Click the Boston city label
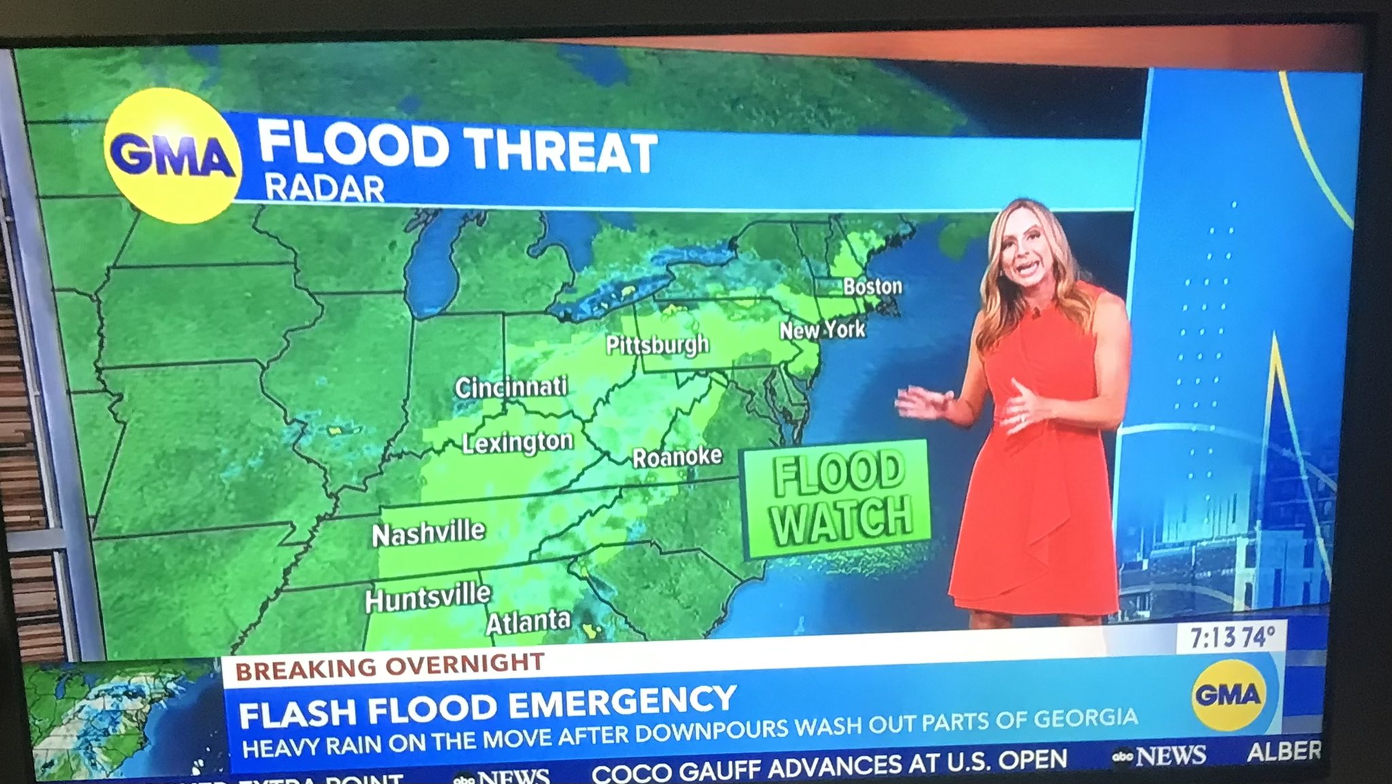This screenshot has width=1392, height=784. (873, 286)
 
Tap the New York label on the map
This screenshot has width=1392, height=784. (822, 330)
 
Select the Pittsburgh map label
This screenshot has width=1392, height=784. (657, 345)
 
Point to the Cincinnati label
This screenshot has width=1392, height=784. (511, 387)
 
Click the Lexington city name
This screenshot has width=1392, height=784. (518, 442)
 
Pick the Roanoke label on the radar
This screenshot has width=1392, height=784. (677, 457)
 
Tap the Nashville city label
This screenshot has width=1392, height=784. (429, 533)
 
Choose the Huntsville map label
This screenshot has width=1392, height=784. (428, 598)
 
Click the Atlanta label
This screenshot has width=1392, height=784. (528, 621)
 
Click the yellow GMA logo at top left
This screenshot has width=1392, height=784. (172, 155)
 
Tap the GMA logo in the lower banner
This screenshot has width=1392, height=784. (1228, 694)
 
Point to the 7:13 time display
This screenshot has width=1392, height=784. (1212, 638)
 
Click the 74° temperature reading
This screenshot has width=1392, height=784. (1259, 637)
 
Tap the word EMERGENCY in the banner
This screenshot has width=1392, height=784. (623, 704)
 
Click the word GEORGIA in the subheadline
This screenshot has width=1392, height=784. (1085, 719)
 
